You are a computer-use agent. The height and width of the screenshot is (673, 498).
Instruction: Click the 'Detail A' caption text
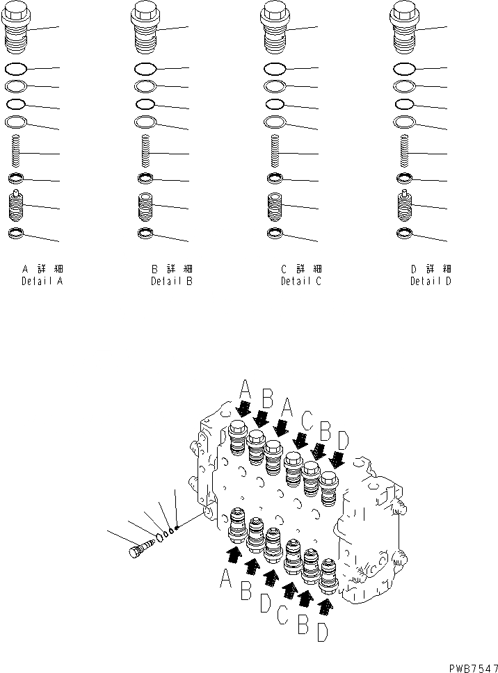click(43, 282)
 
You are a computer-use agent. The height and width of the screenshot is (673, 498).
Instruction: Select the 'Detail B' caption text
click(172, 282)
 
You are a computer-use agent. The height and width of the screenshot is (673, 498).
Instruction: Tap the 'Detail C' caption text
click(301, 282)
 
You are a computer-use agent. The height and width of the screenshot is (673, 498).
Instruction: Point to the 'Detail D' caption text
click(431, 282)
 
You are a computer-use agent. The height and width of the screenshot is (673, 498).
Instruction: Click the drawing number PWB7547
click(469, 666)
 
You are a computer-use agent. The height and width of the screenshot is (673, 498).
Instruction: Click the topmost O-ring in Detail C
click(275, 69)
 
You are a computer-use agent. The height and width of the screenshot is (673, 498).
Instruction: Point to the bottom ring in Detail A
click(17, 232)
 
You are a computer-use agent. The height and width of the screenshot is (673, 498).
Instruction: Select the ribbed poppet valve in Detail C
click(275, 206)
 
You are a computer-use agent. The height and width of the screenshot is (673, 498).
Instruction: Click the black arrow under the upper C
click(301, 439)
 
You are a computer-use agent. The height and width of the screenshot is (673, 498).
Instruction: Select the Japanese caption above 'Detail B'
click(172, 268)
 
